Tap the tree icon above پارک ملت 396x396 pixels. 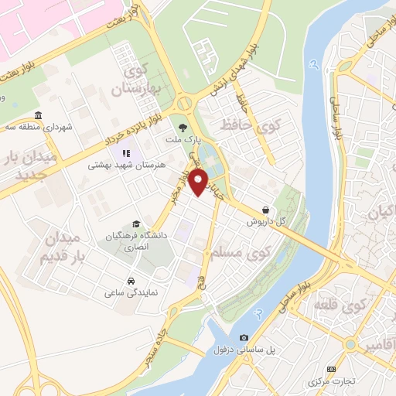183,128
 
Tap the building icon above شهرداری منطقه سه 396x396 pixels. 39,115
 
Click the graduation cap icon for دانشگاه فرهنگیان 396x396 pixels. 136,224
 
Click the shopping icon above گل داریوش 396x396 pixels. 266,209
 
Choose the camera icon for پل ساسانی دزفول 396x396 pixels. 244,337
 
